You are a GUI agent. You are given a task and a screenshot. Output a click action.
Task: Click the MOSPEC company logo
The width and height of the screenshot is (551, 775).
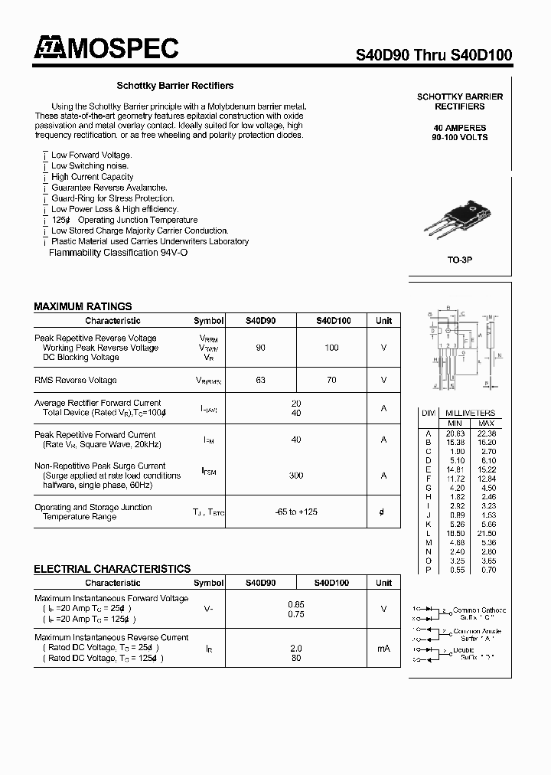click(x=106, y=49)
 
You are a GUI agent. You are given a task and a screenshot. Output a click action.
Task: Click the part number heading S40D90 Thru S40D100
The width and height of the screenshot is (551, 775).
click(x=434, y=55)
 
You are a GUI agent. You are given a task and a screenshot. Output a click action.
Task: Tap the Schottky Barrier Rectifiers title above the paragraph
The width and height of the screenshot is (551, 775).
click(x=174, y=86)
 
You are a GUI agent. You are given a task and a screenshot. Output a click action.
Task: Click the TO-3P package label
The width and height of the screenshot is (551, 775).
click(x=459, y=260)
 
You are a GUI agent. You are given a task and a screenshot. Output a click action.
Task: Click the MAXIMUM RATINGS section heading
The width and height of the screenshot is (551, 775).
click(x=83, y=306)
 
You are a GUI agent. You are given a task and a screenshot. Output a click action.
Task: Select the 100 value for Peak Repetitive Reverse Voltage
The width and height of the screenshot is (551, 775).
click(x=331, y=348)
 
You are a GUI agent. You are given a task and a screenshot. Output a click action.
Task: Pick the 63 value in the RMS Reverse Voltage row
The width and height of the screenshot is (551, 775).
click(x=261, y=380)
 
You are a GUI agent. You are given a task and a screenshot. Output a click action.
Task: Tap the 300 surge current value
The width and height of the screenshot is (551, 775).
click(x=296, y=476)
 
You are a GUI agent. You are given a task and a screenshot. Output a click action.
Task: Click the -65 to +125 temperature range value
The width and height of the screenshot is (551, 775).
click(x=296, y=512)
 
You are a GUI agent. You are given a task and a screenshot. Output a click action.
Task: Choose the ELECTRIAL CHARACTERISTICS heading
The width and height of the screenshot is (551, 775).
click(x=112, y=569)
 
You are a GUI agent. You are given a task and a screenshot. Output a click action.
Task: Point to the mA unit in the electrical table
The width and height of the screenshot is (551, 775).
click(x=383, y=649)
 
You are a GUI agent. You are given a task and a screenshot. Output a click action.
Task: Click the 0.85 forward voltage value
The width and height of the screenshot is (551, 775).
click(x=296, y=603)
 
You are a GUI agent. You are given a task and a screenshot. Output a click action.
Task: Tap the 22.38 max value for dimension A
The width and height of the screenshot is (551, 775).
click(x=486, y=433)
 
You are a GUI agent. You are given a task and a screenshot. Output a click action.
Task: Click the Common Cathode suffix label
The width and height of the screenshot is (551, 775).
click(x=479, y=613)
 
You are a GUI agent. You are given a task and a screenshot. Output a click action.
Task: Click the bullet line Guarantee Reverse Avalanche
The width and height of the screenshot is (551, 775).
click(x=109, y=188)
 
